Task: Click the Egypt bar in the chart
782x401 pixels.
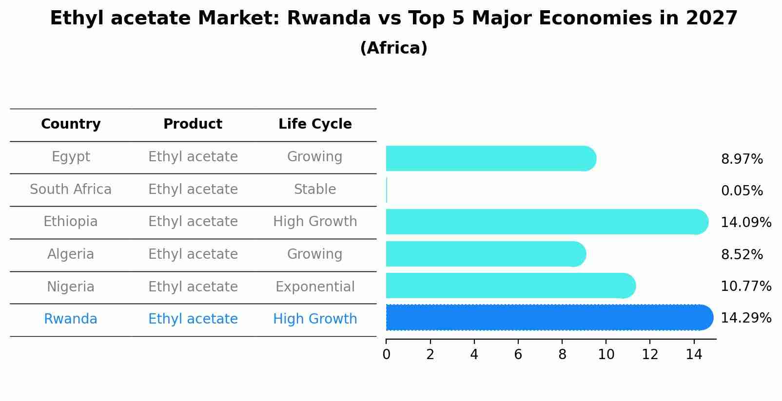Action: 490,158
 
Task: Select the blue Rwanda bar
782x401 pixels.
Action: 548,318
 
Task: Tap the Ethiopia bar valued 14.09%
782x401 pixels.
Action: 546,222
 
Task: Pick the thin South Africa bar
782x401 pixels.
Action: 387,190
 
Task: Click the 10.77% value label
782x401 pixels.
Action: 745,286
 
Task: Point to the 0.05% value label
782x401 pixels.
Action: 742,191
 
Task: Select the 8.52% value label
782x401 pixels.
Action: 742,255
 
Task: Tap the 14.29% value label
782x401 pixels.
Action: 745,318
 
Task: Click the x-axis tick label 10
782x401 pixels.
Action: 606,355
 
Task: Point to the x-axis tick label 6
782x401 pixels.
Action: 518,355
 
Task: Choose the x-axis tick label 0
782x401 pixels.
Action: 386,355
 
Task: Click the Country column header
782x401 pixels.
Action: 71,124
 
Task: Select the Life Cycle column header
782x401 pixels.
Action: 315,124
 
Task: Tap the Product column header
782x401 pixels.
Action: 193,124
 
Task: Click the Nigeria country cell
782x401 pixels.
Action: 71,287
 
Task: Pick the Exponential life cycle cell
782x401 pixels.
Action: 315,287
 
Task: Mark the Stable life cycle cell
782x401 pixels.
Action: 315,190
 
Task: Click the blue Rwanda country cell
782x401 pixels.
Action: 71,319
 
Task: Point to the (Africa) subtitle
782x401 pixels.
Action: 393,48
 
